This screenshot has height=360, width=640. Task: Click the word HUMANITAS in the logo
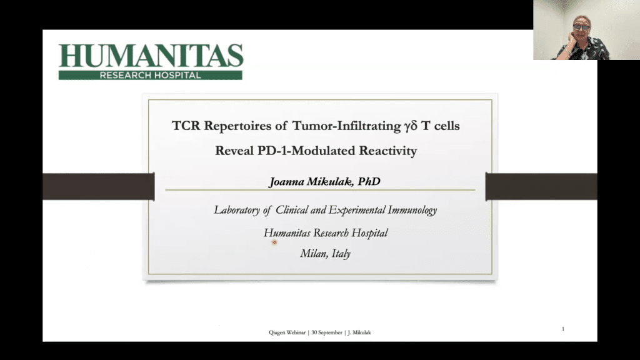pyautogui.click(x=151, y=56)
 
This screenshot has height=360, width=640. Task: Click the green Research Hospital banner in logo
pyautogui.click(x=151, y=75)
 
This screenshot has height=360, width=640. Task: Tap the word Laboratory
pyautogui.click(x=237, y=210)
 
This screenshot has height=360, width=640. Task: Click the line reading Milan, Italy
pyautogui.click(x=325, y=254)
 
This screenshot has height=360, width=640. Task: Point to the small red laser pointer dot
pyautogui.click(x=274, y=242)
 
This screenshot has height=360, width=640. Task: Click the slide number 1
pyautogui.click(x=562, y=329)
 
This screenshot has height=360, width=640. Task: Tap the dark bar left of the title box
pyautogui.click(x=98, y=186)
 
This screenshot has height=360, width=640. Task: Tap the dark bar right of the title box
pyautogui.click(x=541, y=186)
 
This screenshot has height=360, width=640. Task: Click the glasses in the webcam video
pyautogui.click(x=581, y=27)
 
